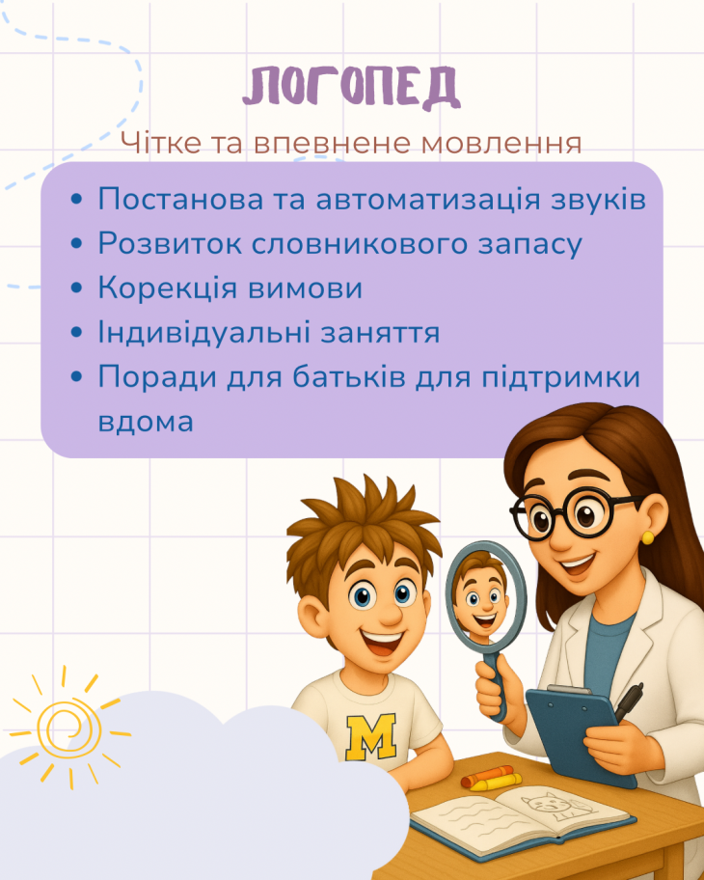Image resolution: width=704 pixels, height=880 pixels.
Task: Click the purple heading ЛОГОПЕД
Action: [352, 87]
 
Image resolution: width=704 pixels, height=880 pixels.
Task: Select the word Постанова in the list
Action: [180, 199]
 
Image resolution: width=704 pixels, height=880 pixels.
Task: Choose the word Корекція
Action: [168, 288]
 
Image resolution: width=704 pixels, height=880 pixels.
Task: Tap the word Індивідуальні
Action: [204, 332]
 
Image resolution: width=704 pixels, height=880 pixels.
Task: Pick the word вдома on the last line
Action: [146, 422]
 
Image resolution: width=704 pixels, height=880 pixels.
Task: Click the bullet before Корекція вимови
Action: [77, 288]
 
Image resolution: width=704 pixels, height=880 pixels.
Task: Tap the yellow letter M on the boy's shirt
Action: [370, 736]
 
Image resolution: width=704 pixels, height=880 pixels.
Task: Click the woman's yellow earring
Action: [647, 538]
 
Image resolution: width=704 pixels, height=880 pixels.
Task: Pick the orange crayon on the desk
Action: [486, 776]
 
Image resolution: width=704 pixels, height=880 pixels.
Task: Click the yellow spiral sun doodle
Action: [69, 728]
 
